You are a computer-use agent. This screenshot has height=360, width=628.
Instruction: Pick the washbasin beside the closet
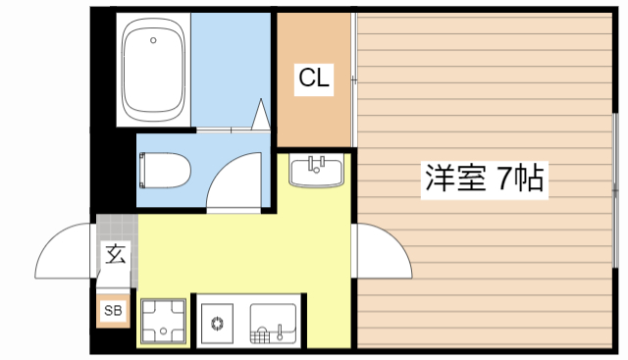pos(316,172)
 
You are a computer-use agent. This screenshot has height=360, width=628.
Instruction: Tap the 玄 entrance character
pos(115,254)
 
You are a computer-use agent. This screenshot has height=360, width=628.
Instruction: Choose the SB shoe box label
pos(114,312)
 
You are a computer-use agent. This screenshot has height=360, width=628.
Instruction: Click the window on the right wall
pos(614,186)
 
